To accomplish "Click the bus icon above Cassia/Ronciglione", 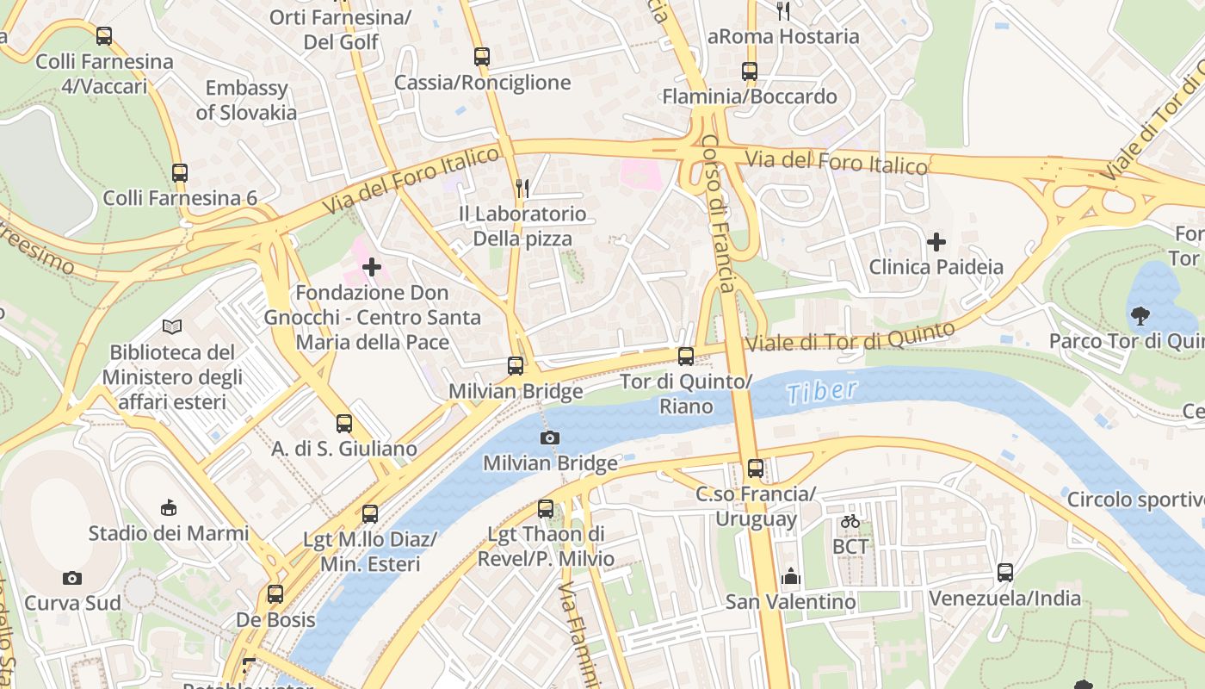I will click(x=482, y=57).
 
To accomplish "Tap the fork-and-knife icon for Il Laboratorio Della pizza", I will click(x=522, y=188).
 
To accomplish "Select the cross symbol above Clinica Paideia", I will click(x=936, y=242).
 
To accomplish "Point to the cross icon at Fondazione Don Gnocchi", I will click(x=372, y=267).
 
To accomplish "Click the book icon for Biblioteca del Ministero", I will click(x=172, y=326).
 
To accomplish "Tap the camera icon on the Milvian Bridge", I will click(x=550, y=438).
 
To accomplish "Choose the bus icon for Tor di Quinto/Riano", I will click(x=686, y=356).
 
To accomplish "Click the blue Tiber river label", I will click(x=822, y=392).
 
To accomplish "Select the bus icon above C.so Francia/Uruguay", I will click(x=756, y=469).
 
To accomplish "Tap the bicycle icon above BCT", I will click(x=850, y=521).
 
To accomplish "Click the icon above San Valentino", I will click(x=790, y=576).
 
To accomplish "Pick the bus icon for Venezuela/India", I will click(x=1005, y=572).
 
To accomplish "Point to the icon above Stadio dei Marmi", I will click(x=170, y=507).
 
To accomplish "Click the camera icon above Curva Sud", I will click(x=73, y=578).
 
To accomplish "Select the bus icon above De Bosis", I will click(x=275, y=594).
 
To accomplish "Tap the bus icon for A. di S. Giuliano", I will click(x=344, y=423).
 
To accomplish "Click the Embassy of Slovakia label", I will click(x=246, y=100).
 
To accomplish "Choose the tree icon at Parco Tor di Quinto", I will click(x=1140, y=316).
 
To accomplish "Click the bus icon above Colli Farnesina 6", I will click(x=180, y=172).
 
